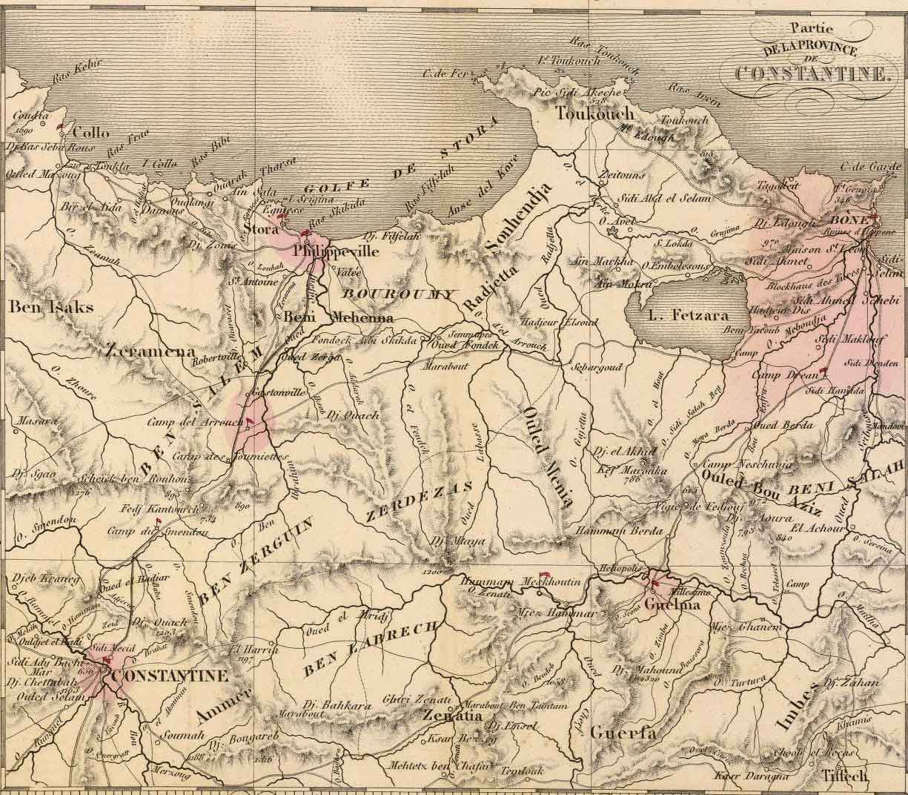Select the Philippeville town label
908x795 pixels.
[336, 251]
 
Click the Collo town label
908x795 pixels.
[91, 133]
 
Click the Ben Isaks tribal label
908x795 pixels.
[39, 306]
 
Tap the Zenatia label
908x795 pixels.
[454, 717]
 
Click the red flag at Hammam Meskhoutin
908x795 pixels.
[545, 573]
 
